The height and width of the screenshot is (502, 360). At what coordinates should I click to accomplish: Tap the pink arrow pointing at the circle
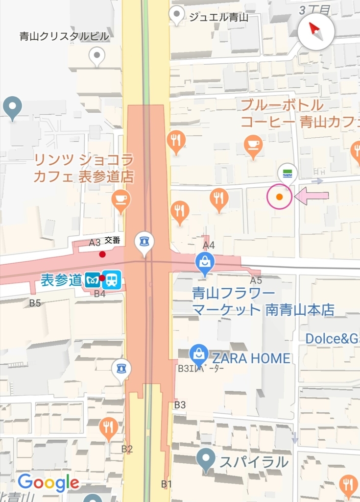click(312, 196)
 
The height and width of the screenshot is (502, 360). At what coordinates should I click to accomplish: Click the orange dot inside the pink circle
click(279, 197)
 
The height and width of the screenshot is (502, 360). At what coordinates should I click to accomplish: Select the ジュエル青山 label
click(218, 18)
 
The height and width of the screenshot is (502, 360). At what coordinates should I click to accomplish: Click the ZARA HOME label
click(251, 358)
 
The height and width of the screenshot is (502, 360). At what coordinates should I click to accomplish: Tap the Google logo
click(48, 483)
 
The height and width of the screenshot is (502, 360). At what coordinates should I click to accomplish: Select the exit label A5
click(256, 280)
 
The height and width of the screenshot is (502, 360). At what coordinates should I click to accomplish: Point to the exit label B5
click(35, 303)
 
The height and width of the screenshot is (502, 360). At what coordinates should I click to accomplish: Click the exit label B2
click(127, 449)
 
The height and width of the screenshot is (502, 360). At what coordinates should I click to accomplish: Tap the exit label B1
click(167, 484)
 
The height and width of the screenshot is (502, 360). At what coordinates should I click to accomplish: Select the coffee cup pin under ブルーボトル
click(253, 145)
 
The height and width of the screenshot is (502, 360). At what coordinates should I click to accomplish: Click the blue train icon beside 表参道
click(112, 280)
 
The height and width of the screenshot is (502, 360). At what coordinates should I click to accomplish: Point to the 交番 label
click(112, 240)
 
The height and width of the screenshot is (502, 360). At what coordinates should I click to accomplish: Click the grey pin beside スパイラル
click(206, 459)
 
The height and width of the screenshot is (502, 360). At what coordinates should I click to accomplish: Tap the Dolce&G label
click(332, 339)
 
